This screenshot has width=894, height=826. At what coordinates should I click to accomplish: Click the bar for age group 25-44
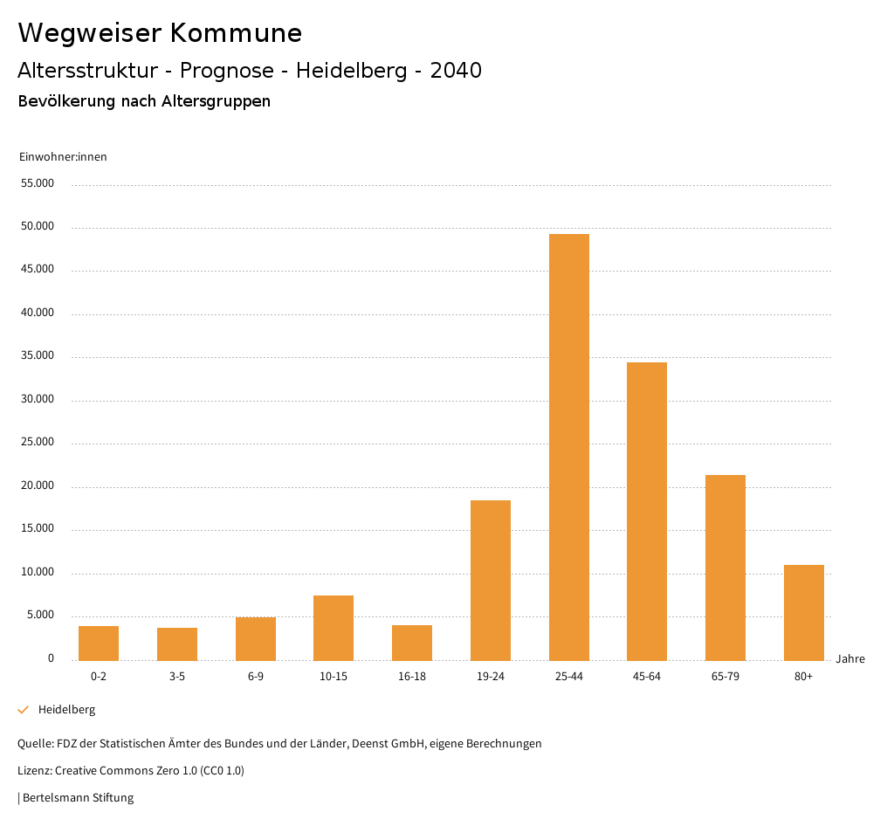(569, 447)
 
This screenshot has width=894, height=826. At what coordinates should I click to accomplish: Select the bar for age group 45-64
(647, 511)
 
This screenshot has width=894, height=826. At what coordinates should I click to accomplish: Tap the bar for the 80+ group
(804, 612)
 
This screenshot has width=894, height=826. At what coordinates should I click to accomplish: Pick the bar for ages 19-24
(491, 580)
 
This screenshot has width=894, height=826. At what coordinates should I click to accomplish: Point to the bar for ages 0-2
(99, 643)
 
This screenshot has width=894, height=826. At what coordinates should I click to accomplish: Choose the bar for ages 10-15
(334, 628)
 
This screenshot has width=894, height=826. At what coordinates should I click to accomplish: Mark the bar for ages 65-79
(726, 568)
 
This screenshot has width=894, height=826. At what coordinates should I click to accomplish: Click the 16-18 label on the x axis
(412, 677)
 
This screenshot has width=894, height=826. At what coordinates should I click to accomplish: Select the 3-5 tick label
(177, 677)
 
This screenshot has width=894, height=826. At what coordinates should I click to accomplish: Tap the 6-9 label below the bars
(256, 677)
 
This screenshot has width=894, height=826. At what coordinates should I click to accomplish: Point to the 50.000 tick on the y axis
(38, 227)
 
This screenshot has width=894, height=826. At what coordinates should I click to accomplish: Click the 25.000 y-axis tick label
(38, 443)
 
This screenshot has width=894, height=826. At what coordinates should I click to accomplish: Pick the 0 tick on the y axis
(51, 658)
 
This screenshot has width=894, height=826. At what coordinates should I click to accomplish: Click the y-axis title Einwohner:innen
(63, 157)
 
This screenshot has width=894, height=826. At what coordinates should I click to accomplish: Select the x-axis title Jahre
(850, 659)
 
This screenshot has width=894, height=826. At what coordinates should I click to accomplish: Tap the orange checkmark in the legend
(24, 710)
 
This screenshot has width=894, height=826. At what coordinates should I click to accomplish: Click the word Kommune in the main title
(236, 33)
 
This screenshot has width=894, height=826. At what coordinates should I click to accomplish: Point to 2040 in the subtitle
(456, 71)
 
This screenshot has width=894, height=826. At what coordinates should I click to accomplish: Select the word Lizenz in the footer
(34, 771)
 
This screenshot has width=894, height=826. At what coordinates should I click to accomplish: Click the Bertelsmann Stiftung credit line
(78, 798)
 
